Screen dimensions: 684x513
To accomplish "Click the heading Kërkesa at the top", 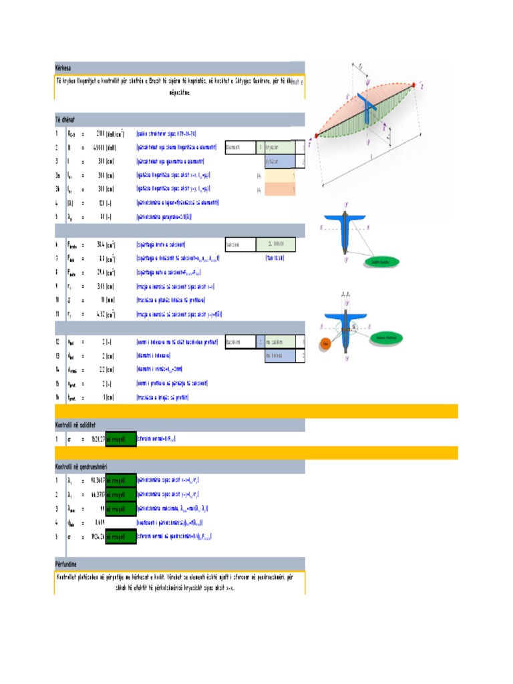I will [x=63, y=67].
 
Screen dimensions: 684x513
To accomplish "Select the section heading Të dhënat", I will [x=65, y=119].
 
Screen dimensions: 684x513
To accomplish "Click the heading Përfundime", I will [x=67, y=563].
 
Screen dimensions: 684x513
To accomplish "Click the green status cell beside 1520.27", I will [x=121, y=439].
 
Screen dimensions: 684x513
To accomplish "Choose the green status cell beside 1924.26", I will [x=121, y=536].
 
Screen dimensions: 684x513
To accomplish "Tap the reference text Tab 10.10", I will [x=275, y=257].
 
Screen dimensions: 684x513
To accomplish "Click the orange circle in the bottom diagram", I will [x=325, y=345].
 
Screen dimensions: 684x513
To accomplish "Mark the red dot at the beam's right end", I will [x=419, y=85].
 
